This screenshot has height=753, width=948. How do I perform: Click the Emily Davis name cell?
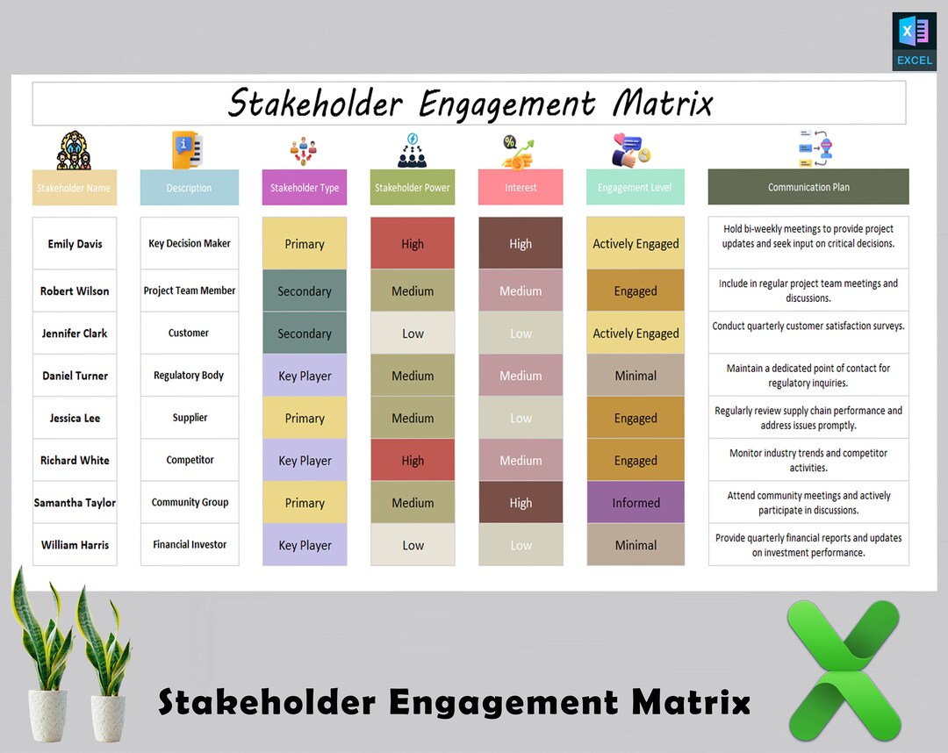click(75, 244)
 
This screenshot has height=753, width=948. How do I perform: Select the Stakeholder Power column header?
click(413, 188)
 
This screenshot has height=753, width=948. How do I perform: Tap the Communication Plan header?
click(808, 187)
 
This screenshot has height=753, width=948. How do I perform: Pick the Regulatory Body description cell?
click(189, 376)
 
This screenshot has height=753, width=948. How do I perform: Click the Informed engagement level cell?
click(636, 503)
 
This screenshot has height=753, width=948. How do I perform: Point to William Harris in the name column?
click(75, 545)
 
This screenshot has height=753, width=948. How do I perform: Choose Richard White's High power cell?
click(413, 461)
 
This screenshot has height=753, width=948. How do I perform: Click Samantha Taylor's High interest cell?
click(521, 503)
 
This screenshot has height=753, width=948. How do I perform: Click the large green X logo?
click(844, 671)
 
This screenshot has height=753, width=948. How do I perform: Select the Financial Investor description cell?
click(189, 545)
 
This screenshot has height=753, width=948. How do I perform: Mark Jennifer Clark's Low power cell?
click(413, 333)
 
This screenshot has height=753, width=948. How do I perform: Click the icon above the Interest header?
click(520, 151)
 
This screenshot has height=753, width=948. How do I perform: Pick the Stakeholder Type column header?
click(305, 188)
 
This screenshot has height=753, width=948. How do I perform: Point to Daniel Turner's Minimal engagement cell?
click(636, 376)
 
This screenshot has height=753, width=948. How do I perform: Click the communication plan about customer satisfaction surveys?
click(808, 326)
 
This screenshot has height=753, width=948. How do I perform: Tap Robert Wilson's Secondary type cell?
click(305, 291)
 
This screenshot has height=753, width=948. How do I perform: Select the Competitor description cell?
click(189, 460)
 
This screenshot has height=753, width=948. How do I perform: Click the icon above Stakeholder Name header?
click(74, 150)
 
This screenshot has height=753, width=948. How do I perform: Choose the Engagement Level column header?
click(635, 188)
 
